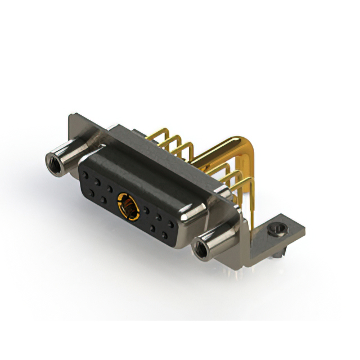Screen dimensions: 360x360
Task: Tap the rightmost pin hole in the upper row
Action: pyautogui.click(x=170, y=224)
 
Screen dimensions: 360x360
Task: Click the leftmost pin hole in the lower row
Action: pyautogui.click(x=92, y=193)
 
